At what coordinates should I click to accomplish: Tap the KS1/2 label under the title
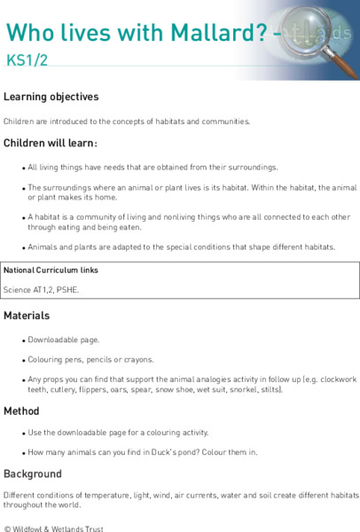[24, 61]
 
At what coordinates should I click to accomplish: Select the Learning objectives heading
[51, 97]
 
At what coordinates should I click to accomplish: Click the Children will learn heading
[50, 143]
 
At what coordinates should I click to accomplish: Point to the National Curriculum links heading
[51, 270]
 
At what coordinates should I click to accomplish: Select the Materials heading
[27, 315]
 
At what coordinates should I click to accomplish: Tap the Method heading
[21, 411]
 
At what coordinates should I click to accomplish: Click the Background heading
[32, 473]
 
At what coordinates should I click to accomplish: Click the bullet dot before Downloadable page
[21, 340]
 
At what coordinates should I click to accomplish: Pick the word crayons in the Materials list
[137, 359]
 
